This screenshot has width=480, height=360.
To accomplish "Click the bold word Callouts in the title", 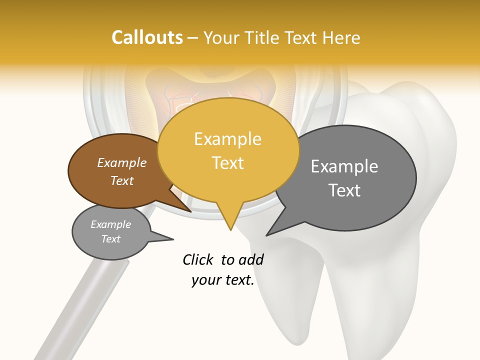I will pos(147,37).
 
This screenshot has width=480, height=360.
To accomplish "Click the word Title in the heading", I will pos(265,37).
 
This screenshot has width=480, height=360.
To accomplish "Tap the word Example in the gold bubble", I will pos(227,139).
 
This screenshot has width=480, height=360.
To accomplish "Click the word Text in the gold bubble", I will pos(227,163).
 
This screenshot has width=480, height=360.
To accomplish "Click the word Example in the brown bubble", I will pos(121,163).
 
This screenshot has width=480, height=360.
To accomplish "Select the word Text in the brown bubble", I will pos(121,181).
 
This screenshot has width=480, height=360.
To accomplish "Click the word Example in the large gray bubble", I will pos(344,166).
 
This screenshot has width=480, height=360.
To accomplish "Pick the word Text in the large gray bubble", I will pos(344,190).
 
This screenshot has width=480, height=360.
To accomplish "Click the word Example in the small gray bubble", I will pos(110,224).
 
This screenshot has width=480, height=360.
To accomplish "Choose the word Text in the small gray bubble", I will pos(110,239).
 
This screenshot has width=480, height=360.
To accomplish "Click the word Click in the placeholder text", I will pos(198,259).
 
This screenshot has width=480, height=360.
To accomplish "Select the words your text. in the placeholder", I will pos(223,280).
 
